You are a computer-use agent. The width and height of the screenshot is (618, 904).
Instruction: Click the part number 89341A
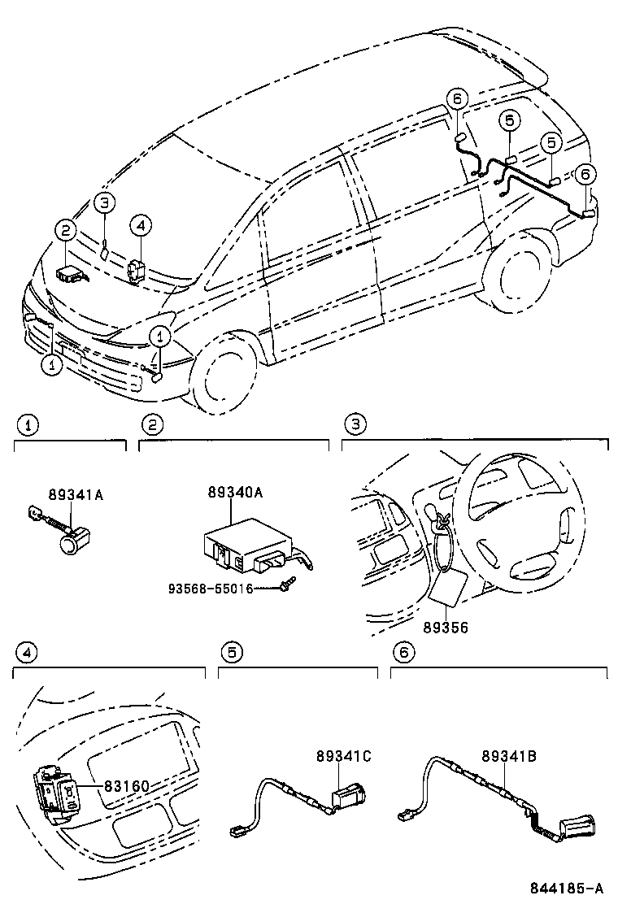76,494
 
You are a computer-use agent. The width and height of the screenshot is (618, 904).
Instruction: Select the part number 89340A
235,492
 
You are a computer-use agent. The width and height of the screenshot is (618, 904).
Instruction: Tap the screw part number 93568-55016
211,589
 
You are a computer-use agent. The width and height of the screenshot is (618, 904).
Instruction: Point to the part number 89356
446,627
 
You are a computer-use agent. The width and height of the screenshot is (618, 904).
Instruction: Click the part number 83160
127,785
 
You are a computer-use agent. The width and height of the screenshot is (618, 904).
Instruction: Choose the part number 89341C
344,755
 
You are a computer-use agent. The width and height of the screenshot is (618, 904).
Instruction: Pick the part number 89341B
509,755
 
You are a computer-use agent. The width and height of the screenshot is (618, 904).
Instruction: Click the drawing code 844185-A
567,887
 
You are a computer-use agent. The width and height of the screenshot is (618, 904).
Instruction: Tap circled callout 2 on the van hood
66,231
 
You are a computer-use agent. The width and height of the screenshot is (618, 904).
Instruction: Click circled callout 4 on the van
141,225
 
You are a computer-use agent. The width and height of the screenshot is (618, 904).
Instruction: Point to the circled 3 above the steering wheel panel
355,425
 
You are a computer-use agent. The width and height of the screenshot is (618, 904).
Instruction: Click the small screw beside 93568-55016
286,586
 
